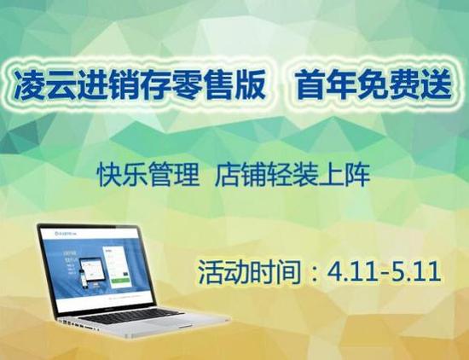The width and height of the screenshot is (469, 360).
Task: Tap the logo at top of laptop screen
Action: tap(64, 232)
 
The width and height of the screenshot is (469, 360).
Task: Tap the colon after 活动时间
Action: tap(312, 274)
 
